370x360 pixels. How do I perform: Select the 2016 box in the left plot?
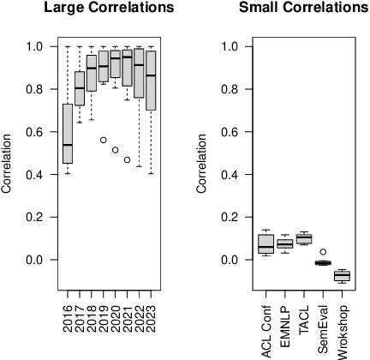coord(68,134)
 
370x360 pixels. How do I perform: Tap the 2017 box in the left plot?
coord(80,88)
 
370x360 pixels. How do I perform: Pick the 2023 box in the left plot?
coord(152,81)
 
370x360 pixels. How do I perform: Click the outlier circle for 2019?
coord(104,140)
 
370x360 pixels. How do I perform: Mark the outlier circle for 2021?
coord(128,159)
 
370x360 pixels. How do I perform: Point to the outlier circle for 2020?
coord(116,150)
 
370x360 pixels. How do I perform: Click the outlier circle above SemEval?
coord(323,252)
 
